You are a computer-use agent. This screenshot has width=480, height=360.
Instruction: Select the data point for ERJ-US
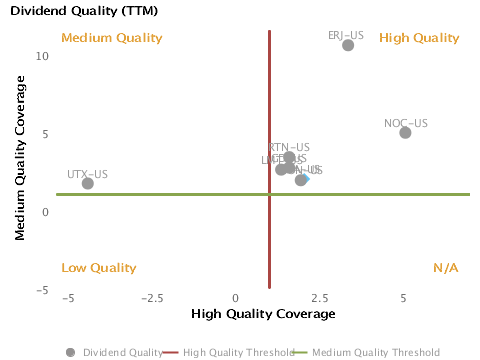click(x=348, y=45)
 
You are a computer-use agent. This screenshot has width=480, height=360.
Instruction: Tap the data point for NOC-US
click(x=405, y=133)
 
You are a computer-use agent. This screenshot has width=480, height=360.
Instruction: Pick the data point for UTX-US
click(x=88, y=183)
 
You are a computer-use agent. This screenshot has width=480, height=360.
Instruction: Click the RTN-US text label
click(x=289, y=147)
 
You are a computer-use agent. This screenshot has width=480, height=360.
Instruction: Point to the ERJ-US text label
click(x=346, y=35)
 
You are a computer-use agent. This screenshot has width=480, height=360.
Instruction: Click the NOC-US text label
click(x=405, y=123)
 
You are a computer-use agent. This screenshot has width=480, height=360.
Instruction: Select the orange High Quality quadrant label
click(x=419, y=38)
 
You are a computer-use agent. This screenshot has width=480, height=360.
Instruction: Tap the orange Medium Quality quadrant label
click(x=111, y=38)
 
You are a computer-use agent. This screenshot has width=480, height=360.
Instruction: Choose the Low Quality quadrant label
click(x=98, y=268)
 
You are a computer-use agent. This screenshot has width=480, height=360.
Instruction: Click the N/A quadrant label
click(x=445, y=268)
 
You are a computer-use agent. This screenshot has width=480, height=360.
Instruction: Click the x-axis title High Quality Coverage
click(x=263, y=314)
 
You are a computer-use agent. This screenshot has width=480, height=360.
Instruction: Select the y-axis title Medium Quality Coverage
click(x=20, y=163)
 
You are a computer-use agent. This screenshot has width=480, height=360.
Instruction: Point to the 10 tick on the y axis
click(x=42, y=55)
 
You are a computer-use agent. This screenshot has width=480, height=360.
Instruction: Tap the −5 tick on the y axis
click(x=42, y=290)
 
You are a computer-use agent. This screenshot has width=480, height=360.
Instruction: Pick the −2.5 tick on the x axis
click(x=152, y=299)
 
